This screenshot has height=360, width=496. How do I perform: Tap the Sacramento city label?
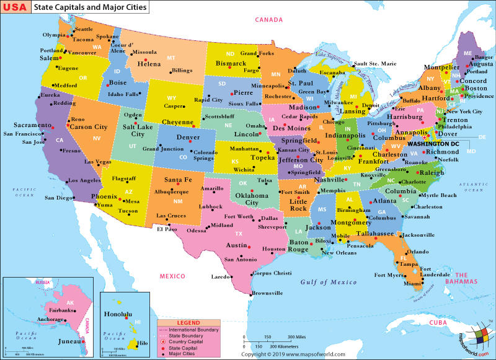(x=27, y=125)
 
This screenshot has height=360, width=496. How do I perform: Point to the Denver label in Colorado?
(x=188, y=138)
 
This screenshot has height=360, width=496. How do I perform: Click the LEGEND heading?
(x=188, y=323)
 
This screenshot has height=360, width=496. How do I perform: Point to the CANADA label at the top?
(x=269, y=20)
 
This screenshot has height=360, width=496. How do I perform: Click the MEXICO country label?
(x=172, y=276)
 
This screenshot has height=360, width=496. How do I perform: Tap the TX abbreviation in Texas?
(x=238, y=234)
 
